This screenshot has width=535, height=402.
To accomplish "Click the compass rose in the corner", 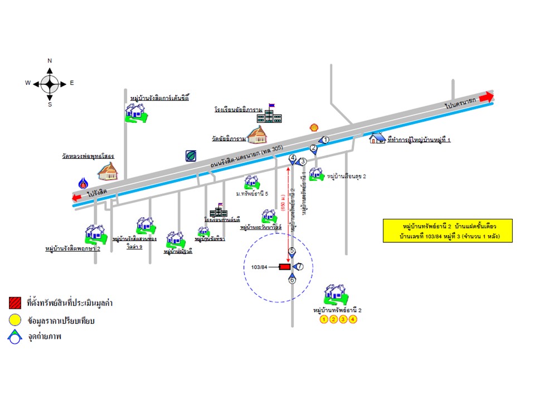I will (50, 83).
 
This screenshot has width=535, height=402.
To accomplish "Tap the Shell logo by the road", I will (314, 127).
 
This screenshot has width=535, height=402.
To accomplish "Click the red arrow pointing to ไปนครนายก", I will (485, 97).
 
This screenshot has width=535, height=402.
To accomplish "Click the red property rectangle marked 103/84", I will (284, 267).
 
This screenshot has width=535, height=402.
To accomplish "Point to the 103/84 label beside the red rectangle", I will (260, 267).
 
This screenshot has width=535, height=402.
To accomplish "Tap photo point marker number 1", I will (326, 140).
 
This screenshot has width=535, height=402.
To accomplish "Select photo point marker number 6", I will (292, 280).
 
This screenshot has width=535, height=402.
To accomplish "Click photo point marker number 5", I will (292, 252).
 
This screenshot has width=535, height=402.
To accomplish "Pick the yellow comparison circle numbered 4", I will (352, 319).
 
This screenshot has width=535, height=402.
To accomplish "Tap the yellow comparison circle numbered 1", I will (323, 319).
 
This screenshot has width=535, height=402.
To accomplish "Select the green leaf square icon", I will (191, 155).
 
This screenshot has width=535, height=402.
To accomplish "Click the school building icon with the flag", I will (273, 114).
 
